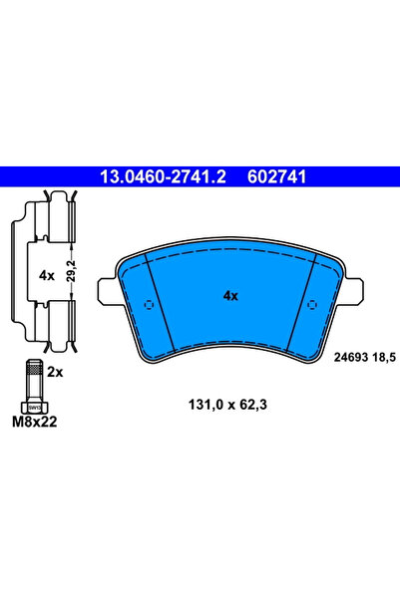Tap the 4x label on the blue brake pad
click(x=229, y=296)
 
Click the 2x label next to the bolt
click(x=55, y=370)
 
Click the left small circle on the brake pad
click(x=151, y=305)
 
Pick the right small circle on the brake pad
click(x=311, y=305)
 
